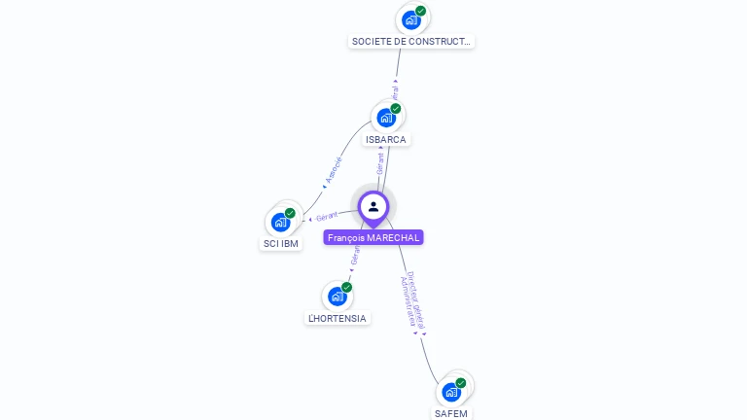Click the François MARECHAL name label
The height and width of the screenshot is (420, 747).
click(373, 237)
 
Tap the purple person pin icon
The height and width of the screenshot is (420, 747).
click(373, 207)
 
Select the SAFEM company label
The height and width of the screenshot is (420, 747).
click(450, 413)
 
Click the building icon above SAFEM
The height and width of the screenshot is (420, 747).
click(451, 392)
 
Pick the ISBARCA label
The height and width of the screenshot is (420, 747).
click(385, 139)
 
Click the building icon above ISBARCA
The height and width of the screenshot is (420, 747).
click(386, 118)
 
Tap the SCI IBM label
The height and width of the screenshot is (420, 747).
click(281, 243)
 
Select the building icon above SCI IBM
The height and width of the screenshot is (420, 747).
click(280, 222)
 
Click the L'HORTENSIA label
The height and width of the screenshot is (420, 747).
click(338, 318)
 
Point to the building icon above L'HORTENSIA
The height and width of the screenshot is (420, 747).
click(337, 296)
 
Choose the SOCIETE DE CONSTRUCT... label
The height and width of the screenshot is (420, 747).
click(411, 41)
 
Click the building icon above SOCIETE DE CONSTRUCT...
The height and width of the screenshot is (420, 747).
click(411, 19)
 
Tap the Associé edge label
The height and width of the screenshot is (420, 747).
click(334, 169)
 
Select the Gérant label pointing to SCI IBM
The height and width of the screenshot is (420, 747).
click(326, 217)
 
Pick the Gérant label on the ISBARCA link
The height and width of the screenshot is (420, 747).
click(380, 162)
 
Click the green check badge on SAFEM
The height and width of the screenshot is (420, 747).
click(461, 383)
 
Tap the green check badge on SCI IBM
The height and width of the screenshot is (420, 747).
click(290, 213)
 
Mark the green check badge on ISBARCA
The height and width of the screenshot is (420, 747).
click(396, 109)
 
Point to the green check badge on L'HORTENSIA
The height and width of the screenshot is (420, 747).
click(346, 287)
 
